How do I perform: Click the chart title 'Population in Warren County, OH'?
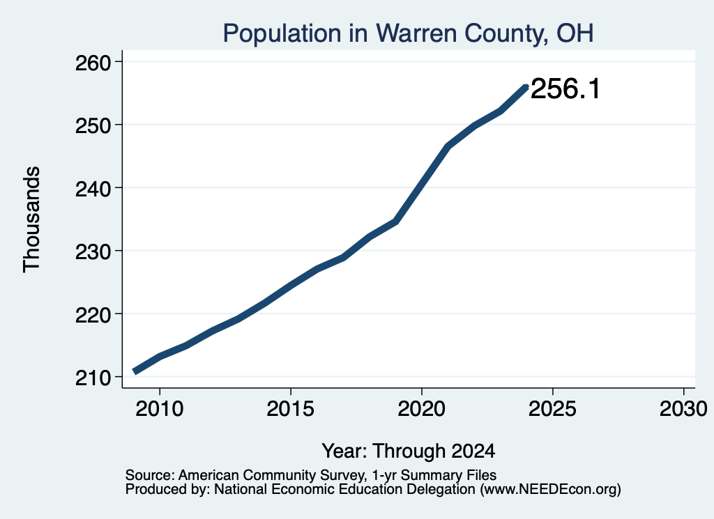[x=408, y=33]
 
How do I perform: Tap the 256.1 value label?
[x=565, y=88]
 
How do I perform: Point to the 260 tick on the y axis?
[x=93, y=62]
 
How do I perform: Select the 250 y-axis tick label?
[x=93, y=125]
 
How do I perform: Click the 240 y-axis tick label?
[x=93, y=188]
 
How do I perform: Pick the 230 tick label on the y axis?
[x=93, y=251]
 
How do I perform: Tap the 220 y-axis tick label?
[x=93, y=314]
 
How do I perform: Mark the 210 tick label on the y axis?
[x=93, y=377]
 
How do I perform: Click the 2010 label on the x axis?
[x=160, y=408]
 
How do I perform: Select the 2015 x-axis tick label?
[x=291, y=408]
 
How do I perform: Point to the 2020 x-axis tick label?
[x=422, y=408]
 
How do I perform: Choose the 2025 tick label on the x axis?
[x=552, y=408]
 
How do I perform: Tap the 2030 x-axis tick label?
[x=683, y=408]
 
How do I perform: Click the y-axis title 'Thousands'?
[x=32, y=219]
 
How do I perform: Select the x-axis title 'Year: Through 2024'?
[x=409, y=451]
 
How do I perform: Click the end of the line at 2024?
[x=526, y=87]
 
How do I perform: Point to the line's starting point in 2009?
[x=134, y=371]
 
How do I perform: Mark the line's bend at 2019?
[x=396, y=222]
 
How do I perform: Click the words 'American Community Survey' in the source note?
[x=271, y=475]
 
